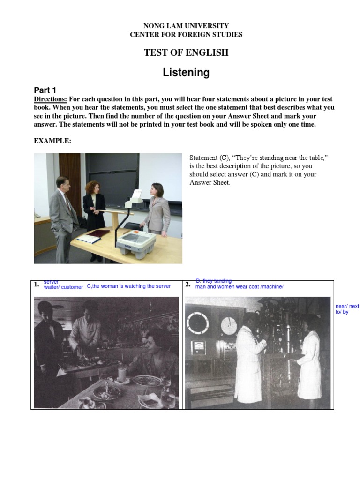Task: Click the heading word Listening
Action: (x=186, y=73)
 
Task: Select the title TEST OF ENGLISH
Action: (x=186, y=52)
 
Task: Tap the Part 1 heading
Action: (x=45, y=90)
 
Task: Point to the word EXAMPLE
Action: (x=52, y=141)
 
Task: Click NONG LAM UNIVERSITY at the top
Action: (x=186, y=26)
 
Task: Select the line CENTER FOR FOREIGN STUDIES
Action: (x=186, y=34)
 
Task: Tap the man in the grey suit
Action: (x=63, y=216)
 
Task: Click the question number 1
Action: (x=36, y=285)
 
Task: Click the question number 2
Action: (x=187, y=285)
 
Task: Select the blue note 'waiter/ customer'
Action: (x=63, y=287)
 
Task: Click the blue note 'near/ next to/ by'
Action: (x=347, y=309)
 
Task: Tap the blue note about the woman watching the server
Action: (x=129, y=286)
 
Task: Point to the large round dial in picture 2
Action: (x=198, y=323)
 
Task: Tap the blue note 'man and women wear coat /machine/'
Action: (x=239, y=287)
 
